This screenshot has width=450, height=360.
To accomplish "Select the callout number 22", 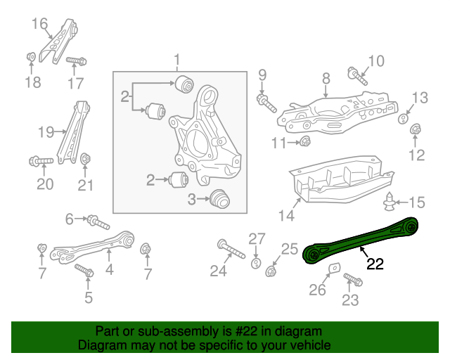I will click(375, 264).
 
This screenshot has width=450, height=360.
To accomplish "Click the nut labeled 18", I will click(31, 56).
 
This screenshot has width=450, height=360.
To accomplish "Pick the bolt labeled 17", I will click(76, 62).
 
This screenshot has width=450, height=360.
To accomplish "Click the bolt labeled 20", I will click(41, 162).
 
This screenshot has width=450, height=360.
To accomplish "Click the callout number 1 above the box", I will click(177, 60).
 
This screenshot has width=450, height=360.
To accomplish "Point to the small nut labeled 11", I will click(305, 143).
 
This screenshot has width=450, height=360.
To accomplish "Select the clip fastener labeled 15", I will click(388, 204).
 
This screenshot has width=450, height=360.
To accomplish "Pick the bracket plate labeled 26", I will click(335, 271).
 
